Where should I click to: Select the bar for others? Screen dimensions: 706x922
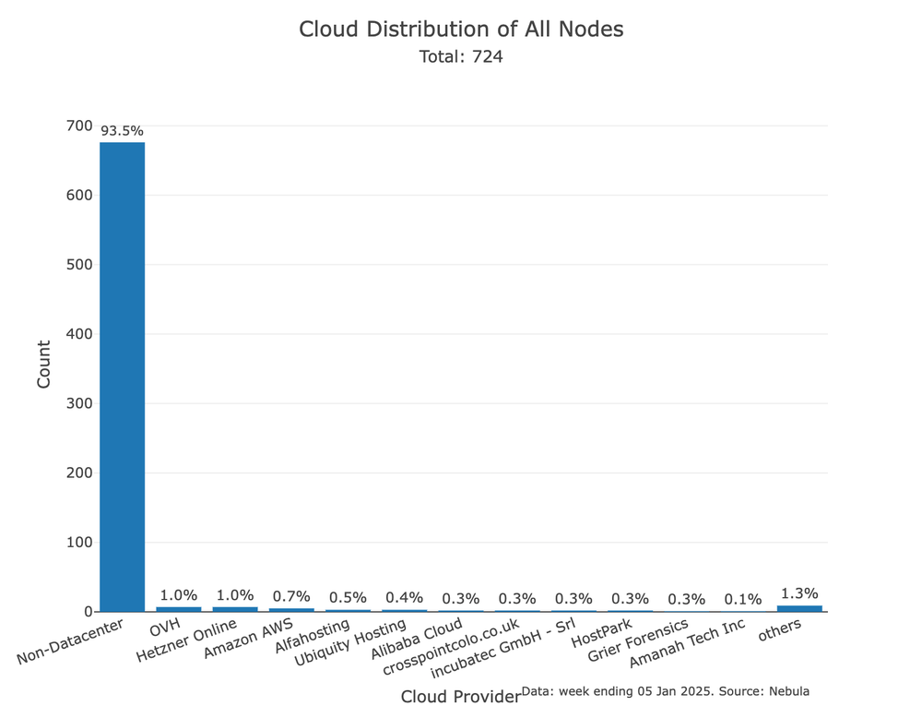tap(799, 608)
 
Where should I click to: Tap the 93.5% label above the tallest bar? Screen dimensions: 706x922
tap(122, 131)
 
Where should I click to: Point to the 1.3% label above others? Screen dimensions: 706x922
tap(799, 593)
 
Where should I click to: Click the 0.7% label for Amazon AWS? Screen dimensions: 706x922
tap(291, 596)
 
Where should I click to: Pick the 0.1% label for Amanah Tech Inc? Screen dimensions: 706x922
tap(743, 599)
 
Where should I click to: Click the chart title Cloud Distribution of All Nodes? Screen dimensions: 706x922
tap(461, 29)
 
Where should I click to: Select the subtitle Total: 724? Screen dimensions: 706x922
tap(461, 56)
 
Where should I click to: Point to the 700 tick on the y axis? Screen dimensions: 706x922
tap(78, 126)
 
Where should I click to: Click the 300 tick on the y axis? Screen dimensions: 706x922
tap(78, 403)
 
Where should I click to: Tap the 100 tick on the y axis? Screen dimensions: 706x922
tap(78, 543)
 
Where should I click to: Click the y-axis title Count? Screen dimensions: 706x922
tap(44, 364)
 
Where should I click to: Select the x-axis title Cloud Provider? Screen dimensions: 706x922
tap(460, 697)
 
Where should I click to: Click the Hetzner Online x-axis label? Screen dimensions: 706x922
tap(186, 640)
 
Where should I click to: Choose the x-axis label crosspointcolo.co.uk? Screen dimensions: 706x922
tap(452, 646)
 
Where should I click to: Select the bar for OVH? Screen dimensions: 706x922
tap(178, 609)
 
